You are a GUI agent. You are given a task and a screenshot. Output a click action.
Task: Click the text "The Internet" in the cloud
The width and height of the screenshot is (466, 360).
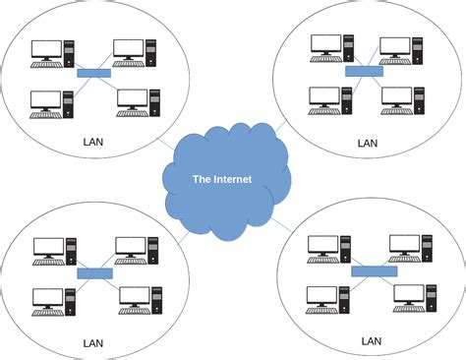click(222, 178)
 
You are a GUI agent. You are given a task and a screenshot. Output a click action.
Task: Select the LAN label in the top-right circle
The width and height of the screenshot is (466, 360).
click(367, 143)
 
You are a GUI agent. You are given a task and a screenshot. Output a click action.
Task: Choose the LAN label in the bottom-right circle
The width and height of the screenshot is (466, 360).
click(371, 340)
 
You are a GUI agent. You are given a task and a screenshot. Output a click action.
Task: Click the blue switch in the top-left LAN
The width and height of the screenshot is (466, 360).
click(93, 74)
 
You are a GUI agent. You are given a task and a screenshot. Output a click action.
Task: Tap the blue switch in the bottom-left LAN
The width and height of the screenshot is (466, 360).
click(94, 271)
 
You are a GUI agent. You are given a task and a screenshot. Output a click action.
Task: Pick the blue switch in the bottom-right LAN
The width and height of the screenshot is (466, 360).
click(373, 269)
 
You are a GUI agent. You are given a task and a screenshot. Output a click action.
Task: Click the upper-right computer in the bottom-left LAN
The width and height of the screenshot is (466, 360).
click(136, 250)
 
